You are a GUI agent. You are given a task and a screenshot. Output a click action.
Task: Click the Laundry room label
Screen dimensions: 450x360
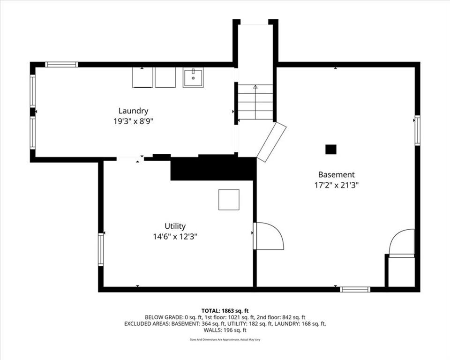(x=134, y=111)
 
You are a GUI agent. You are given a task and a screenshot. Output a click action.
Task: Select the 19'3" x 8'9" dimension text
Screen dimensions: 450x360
(x=134, y=121)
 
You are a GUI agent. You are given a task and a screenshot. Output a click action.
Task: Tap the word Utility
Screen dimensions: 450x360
(x=175, y=226)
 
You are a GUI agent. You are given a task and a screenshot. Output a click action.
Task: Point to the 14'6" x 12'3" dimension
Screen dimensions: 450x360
(x=175, y=237)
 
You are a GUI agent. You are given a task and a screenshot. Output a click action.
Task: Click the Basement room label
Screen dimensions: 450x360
(x=337, y=174)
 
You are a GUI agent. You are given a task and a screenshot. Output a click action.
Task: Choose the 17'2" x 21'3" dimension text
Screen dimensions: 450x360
(x=337, y=185)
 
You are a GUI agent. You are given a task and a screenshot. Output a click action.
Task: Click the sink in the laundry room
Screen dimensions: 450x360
(x=193, y=77)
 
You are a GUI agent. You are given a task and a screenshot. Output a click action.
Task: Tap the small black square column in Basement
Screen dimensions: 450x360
(x=330, y=149)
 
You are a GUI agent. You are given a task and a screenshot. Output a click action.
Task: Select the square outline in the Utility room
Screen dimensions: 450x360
(x=229, y=200)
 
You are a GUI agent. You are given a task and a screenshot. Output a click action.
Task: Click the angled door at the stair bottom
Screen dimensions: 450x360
(x=271, y=141)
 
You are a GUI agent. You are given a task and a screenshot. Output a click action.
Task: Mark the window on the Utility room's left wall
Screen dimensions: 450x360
(x=101, y=249)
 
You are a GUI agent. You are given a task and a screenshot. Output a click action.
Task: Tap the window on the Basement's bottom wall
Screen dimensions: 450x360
(x=355, y=289)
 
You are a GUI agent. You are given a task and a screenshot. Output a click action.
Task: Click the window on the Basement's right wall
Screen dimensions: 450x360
(x=417, y=130)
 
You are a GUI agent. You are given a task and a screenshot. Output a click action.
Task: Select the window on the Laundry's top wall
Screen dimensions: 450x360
(x=61, y=65)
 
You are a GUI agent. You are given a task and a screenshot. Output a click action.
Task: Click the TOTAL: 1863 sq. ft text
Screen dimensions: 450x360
(x=225, y=311)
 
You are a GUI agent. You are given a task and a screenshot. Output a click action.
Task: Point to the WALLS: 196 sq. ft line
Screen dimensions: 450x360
(x=225, y=330)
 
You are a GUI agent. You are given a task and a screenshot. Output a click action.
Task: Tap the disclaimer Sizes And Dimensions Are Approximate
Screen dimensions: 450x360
(x=225, y=340)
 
